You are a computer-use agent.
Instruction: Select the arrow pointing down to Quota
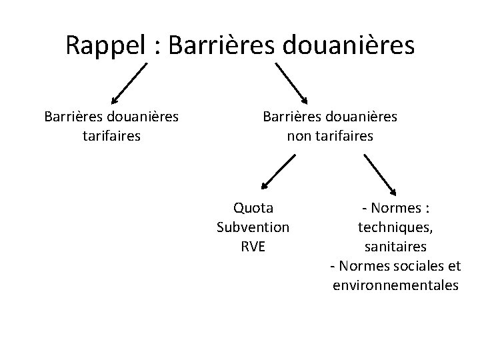pyautogui.click(x=278, y=173)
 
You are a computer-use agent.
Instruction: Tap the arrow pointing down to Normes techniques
pyautogui.click(x=379, y=173)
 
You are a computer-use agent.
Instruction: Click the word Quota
pyautogui.click(x=253, y=209)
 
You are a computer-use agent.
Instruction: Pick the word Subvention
pyautogui.click(x=253, y=227)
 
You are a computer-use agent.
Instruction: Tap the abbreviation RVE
pyautogui.click(x=253, y=246)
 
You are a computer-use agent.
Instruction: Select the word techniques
pyautogui.click(x=395, y=227)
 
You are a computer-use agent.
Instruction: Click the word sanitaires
pyautogui.click(x=395, y=247)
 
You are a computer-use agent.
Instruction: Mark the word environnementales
pyautogui.click(x=395, y=285)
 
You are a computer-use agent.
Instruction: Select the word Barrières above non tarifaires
pyautogui.click(x=291, y=117)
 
